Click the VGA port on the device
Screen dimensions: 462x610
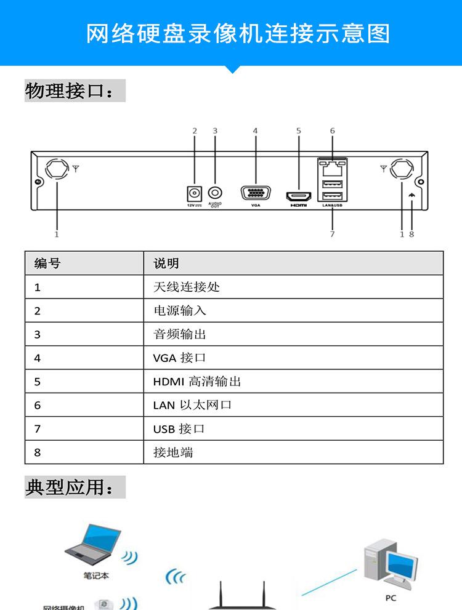coord(255,193)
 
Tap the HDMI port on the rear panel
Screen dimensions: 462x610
coord(298,196)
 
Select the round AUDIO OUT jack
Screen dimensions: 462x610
coord(215,193)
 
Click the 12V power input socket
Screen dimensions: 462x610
coord(195,193)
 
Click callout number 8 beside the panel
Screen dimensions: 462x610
coord(411,234)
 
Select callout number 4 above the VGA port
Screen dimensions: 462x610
coord(255,130)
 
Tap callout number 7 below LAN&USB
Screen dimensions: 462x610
coord(332,234)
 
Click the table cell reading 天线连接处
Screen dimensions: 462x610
coord(186,287)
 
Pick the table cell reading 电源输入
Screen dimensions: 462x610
coord(180,311)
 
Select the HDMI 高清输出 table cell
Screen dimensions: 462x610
coord(197,382)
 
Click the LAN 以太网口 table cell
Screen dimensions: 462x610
coord(192,405)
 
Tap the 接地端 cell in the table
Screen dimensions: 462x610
coord(173,452)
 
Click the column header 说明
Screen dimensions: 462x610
coord(166,263)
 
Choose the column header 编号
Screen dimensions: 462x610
coord(47,263)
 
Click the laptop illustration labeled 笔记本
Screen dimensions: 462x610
coord(94,545)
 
